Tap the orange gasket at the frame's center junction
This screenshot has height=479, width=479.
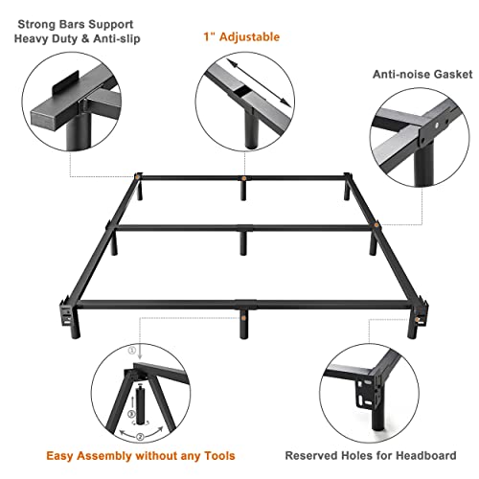[246, 227]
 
